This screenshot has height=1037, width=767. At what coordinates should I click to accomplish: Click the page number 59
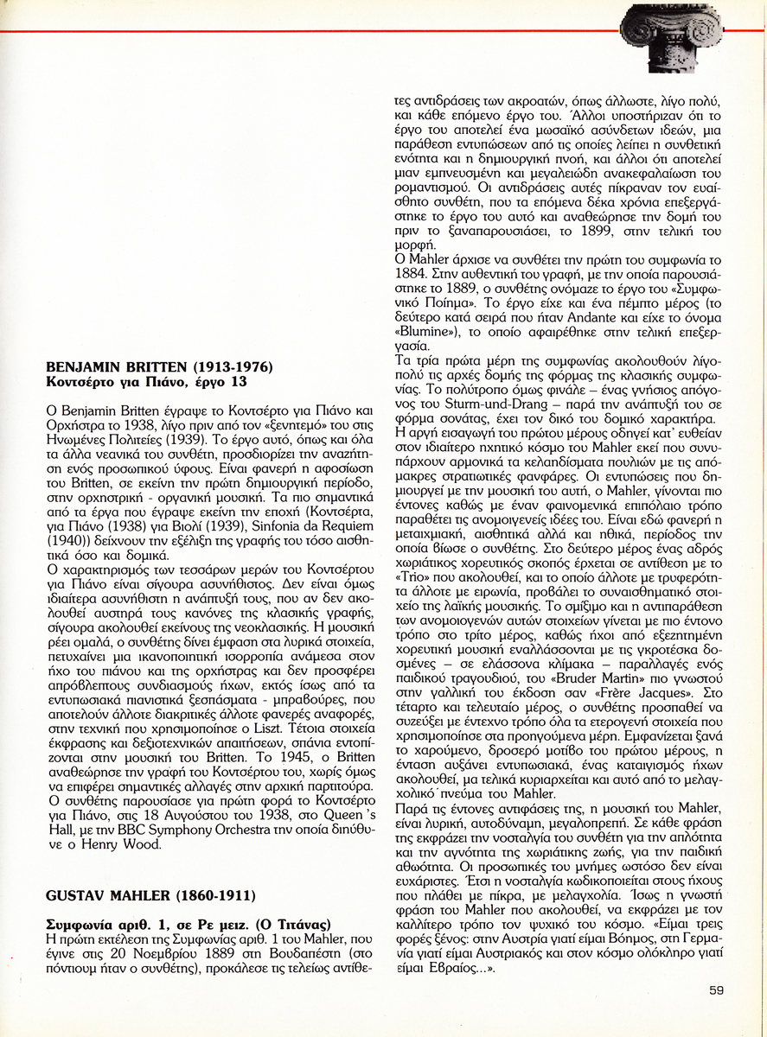click(x=716, y=990)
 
